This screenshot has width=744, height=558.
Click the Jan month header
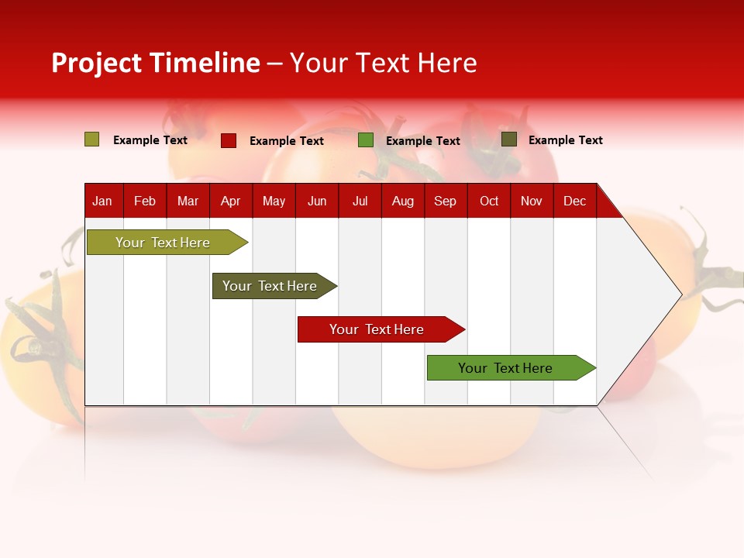pyautogui.click(x=102, y=201)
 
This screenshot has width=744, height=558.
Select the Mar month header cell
pyautogui.click(x=188, y=201)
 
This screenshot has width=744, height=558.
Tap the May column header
pyautogui.click(x=274, y=201)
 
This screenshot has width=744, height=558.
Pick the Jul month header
pyautogui.click(x=360, y=201)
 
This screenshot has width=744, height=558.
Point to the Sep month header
pyautogui.click(x=445, y=201)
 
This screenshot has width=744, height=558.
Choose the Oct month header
pyautogui.click(x=489, y=201)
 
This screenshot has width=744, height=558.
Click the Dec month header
pyautogui.click(x=574, y=201)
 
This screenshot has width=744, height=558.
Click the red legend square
pyautogui.click(x=229, y=140)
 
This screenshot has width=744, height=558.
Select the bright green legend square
pyautogui.click(x=366, y=140)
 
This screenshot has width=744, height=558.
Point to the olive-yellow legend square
pyautogui.click(x=92, y=139)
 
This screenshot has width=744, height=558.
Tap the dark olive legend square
pyautogui.click(x=509, y=139)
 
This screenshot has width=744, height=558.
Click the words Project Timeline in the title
pyautogui.click(x=156, y=63)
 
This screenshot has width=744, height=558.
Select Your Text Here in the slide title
pyautogui.click(x=383, y=63)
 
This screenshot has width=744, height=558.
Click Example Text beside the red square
pyautogui.click(x=287, y=141)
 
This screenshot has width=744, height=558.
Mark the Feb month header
pyautogui.click(x=145, y=201)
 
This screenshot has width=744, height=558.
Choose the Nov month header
pyautogui.click(x=532, y=201)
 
